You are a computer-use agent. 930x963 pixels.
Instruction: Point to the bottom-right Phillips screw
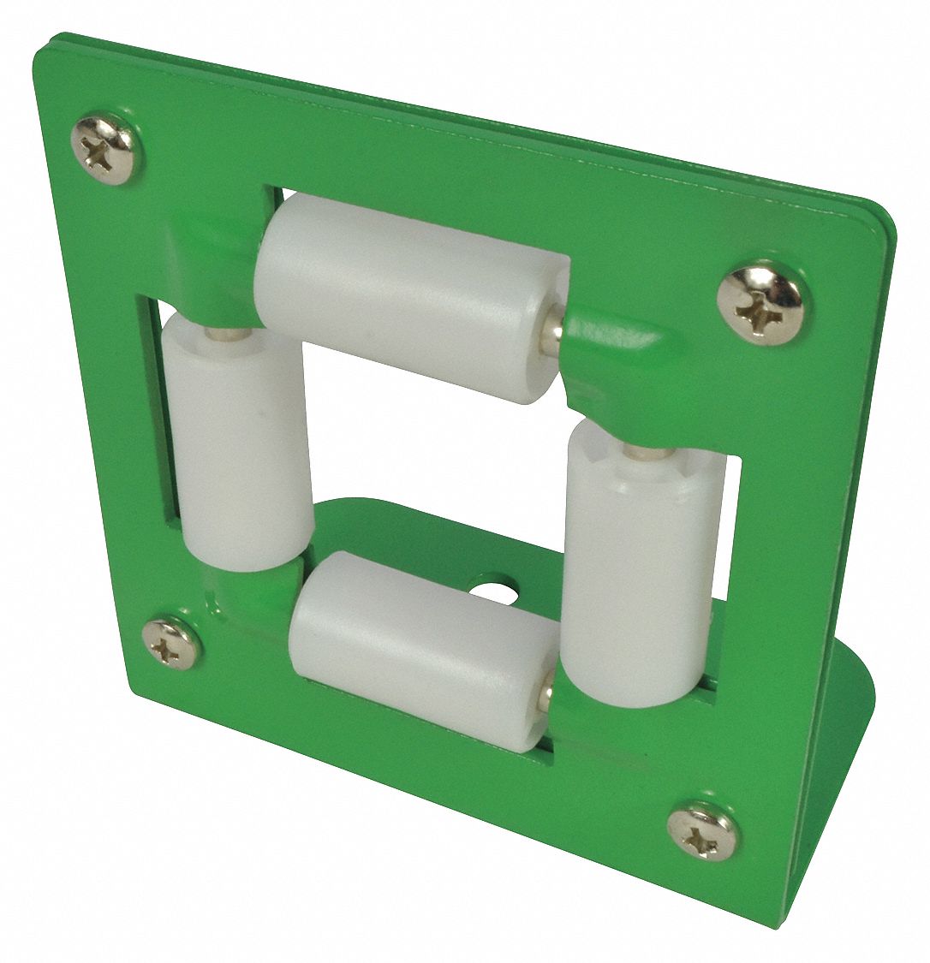(x=703, y=830)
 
